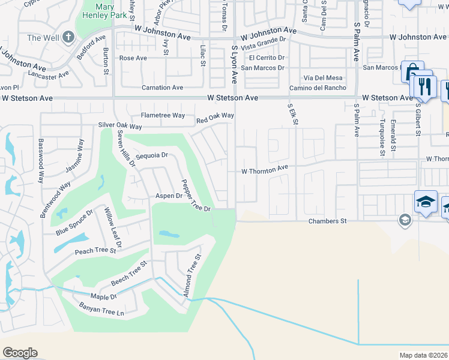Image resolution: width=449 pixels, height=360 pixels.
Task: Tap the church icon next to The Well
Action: [x=67, y=37]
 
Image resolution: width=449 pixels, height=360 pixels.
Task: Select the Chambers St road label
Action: [x=328, y=221]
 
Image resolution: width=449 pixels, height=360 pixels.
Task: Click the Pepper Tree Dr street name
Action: [x=195, y=196]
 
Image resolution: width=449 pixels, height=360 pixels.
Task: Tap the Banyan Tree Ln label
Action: [x=101, y=309]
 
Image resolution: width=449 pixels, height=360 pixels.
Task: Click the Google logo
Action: [x=20, y=353]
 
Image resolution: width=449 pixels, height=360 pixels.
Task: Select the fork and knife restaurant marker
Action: [x=423, y=86]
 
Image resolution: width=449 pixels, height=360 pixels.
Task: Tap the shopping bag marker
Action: [x=412, y=71]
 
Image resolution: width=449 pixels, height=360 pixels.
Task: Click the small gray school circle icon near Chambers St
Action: [x=404, y=220]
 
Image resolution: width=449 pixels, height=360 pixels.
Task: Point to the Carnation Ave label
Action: [x=162, y=88]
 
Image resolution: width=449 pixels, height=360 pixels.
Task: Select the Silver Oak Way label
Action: [x=120, y=127]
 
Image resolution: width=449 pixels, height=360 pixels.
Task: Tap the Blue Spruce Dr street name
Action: [x=74, y=223]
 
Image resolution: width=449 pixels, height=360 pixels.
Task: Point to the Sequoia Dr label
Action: [x=151, y=155]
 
